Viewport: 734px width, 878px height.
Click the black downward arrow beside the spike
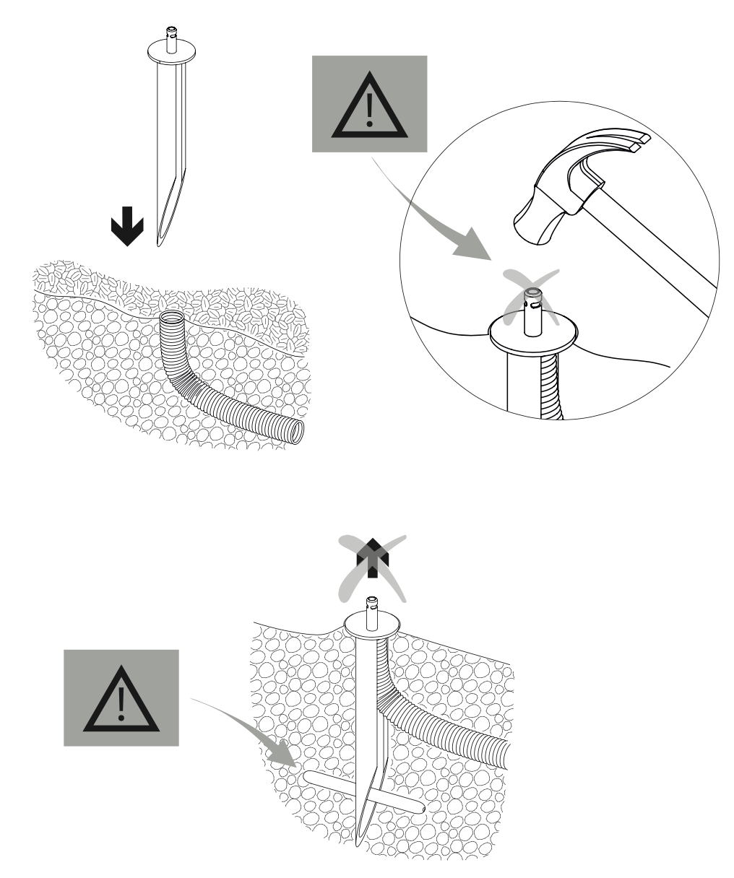click(x=127, y=225)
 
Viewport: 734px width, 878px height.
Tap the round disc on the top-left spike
click(x=173, y=52)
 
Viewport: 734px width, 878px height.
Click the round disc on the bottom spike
click(x=372, y=622)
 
